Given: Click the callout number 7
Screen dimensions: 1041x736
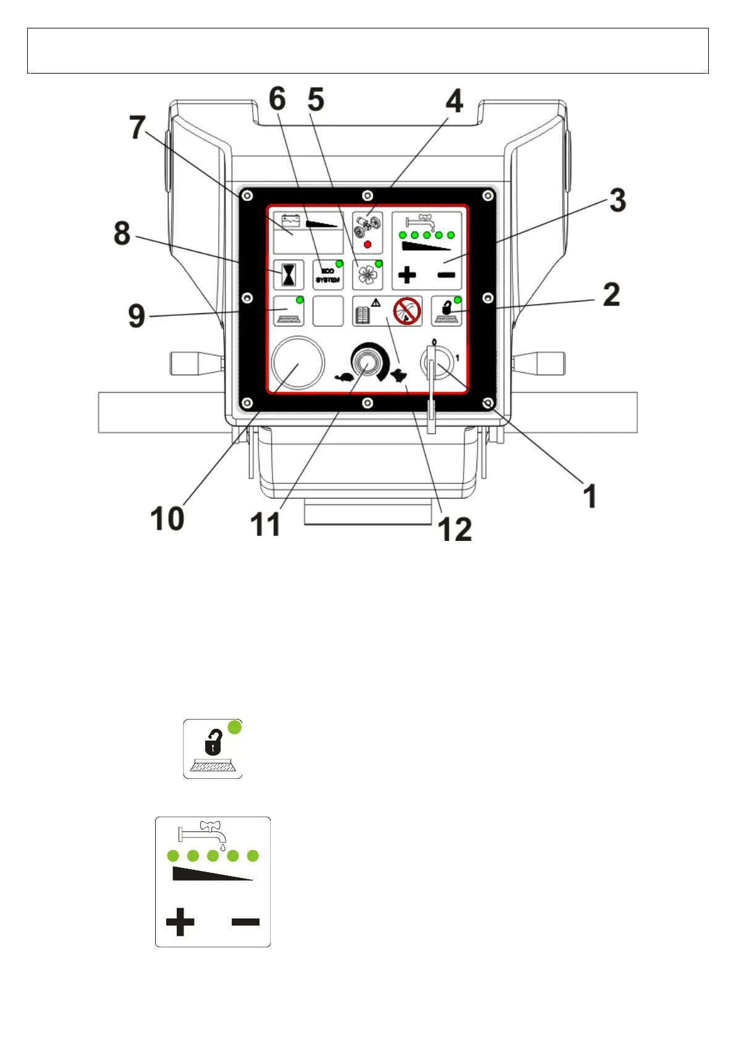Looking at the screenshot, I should click(137, 127).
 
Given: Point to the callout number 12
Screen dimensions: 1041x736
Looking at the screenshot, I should click(454, 529).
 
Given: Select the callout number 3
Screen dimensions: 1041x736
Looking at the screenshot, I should click(617, 200).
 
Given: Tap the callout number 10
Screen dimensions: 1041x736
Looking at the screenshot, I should click(167, 518).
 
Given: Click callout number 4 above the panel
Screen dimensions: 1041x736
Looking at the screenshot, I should click(454, 101).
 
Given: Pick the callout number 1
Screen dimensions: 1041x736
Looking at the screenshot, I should click(590, 496).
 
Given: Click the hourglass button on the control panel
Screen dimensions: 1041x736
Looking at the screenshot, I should click(289, 275).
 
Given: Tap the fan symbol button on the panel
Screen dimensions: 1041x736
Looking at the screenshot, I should click(367, 274).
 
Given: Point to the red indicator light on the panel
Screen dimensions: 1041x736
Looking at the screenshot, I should click(368, 245).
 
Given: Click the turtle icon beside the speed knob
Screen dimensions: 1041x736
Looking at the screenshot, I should click(344, 376).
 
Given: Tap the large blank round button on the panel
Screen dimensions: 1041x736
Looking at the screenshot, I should click(297, 363).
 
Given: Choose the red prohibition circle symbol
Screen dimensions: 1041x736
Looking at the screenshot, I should click(407, 310).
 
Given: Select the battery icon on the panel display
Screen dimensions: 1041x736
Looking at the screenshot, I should click(290, 221).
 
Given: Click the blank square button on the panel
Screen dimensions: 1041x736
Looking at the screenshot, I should click(328, 311).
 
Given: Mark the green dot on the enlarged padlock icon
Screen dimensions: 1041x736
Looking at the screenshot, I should click(235, 727).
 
